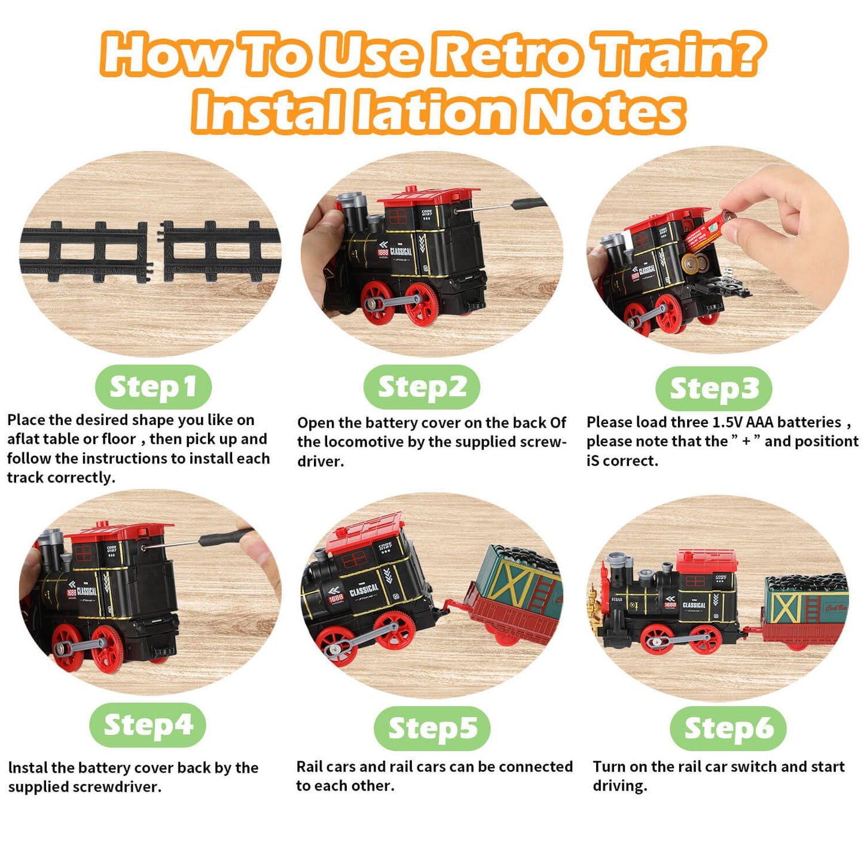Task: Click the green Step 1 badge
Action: [153, 386]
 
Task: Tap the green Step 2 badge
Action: [422, 386]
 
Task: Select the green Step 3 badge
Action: [714, 388]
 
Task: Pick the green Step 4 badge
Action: [148, 725]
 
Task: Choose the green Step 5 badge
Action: [432, 728]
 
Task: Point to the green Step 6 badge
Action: [728, 728]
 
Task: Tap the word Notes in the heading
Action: [605, 111]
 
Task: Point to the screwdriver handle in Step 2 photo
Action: [530, 204]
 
